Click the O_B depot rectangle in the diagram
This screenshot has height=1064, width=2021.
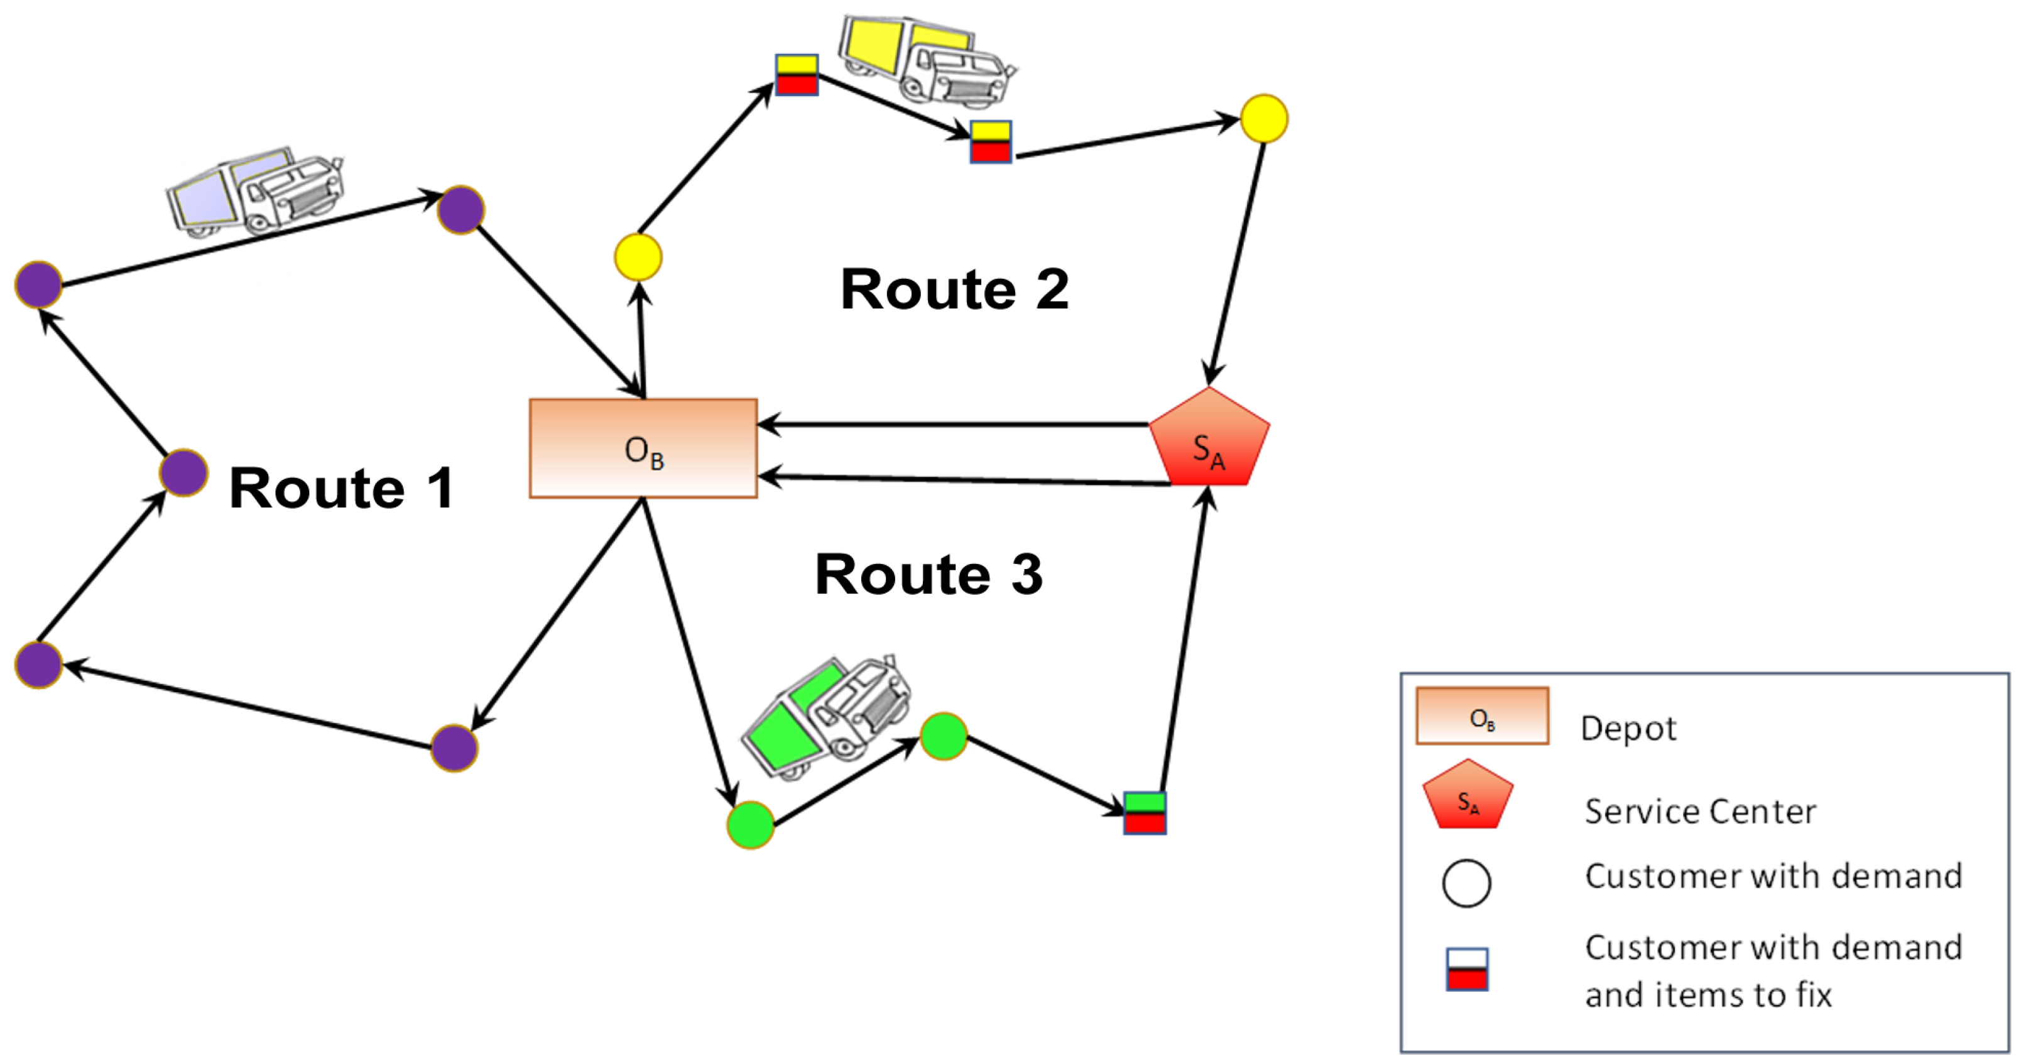(643, 448)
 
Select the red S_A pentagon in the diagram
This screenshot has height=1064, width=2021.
(1209, 441)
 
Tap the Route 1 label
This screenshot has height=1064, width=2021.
(341, 488)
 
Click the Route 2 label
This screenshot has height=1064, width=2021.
(954, 289)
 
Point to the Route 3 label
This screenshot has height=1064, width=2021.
(929, 573)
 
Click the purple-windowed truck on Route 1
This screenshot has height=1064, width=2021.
(255, 192)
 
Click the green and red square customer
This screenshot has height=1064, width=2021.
(1145, 813)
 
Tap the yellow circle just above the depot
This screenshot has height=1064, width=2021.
(638, 257)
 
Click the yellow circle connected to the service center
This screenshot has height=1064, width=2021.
(1264, 119)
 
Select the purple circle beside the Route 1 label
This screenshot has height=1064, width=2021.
(183, 472)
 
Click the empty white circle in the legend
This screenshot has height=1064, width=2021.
(1466, 884)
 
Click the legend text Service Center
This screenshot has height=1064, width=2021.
(1699, 812)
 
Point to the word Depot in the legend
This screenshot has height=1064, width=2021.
(1628, 728)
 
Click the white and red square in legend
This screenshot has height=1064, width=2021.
(1466, 969)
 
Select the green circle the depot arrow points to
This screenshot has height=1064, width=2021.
(750, 825)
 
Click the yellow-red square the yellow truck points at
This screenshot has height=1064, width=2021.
(990, 142)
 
